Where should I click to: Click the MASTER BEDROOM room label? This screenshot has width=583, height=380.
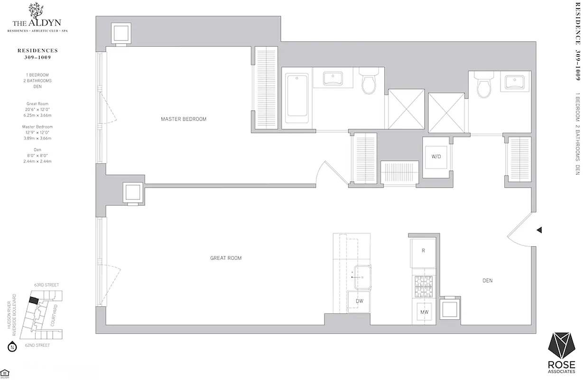[184, 119]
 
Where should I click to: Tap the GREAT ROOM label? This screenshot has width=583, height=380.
[226, 258]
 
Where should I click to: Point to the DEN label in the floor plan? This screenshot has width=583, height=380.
[487, 281]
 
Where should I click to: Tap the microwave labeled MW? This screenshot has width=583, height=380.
[424, 312]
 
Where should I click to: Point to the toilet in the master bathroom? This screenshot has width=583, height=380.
[368, 84]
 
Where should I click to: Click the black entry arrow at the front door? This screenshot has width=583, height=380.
[539, 230]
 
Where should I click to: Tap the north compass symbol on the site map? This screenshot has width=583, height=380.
[13, 346]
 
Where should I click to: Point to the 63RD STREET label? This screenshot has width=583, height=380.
[46, 285]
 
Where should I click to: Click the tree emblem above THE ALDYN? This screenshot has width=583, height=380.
[35, 10]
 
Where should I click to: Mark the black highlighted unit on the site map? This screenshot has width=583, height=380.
[33, 300]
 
